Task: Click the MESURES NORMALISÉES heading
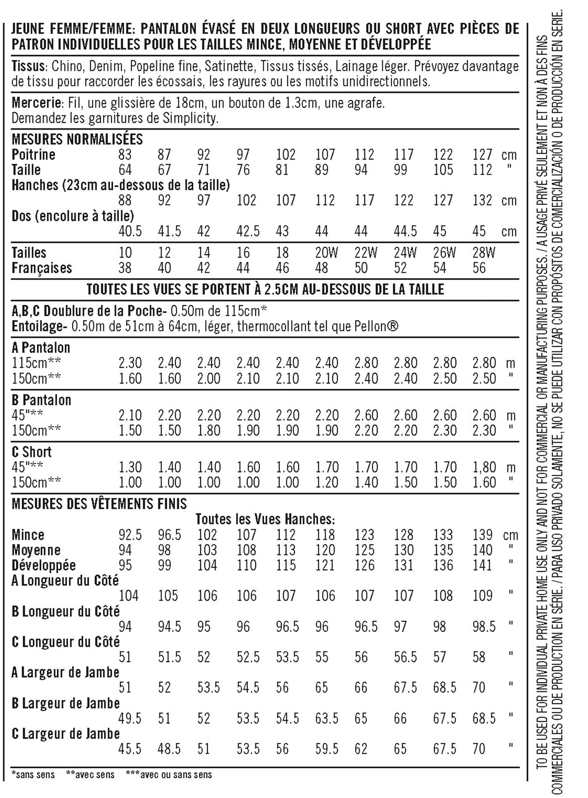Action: (x=77, y=139)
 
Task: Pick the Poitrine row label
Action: (x=33, y=154)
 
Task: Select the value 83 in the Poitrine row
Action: (x=125, y=154)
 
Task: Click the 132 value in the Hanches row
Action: (x=482, y=200)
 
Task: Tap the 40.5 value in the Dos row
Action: (x=130, y=231)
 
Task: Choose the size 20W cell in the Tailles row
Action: (x=326, y=253)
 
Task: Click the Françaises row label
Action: (x=42, y=268)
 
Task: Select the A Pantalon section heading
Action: (x=41, y=348)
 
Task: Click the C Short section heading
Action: (x=32, y=452)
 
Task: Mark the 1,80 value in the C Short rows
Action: (x=484, y=467)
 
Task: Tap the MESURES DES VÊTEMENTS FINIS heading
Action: (x=99, y=504)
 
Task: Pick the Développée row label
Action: (x=44, y=565)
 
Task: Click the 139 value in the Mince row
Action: (x=482, y=535)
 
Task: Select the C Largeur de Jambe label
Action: (x=66, y=734)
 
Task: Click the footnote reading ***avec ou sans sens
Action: (x=169, y=775)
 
